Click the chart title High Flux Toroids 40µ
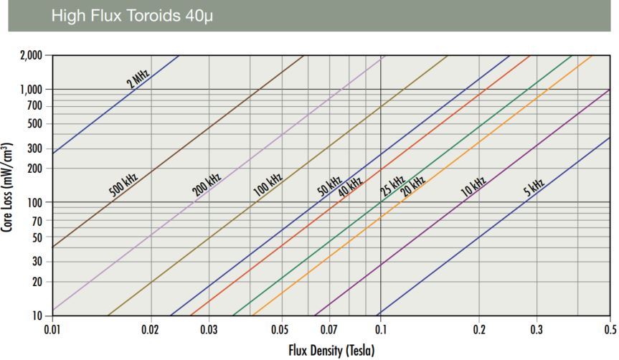point(133,16)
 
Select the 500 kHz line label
point(123,184)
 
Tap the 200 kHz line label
point(207,184)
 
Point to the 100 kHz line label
point(268,185)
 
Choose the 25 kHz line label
point(392,185)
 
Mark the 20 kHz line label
point(412,186)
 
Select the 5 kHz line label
point(534,188)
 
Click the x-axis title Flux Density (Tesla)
point(330,351)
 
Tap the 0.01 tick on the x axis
point(52,329)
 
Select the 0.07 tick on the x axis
point(329,329)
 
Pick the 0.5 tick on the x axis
point(610,329)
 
